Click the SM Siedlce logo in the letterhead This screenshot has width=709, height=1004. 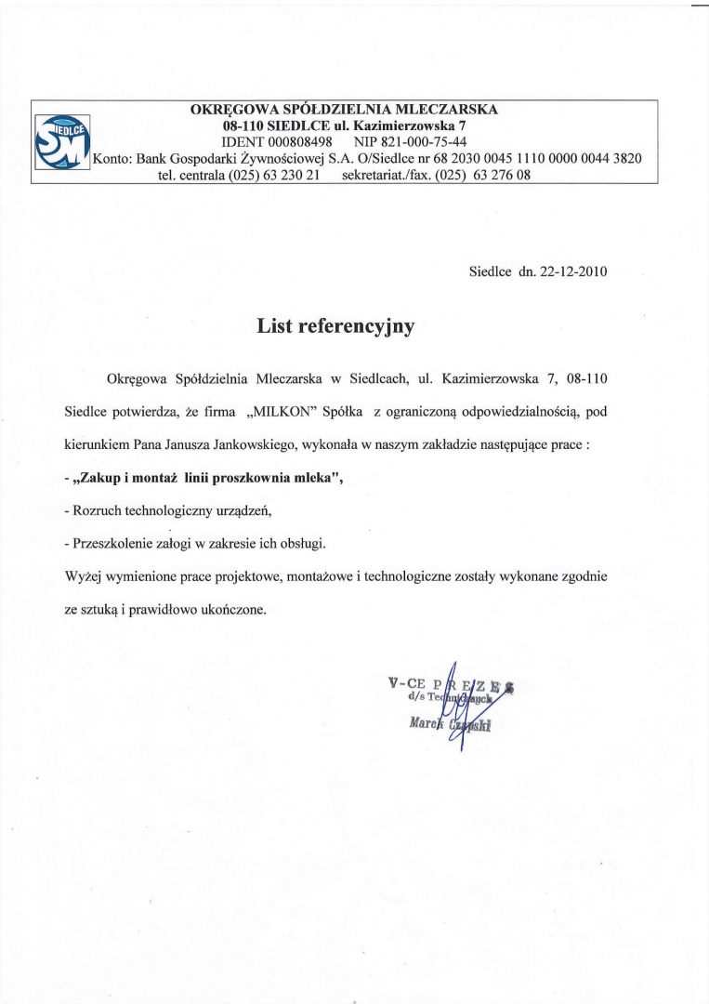(x=61, y=141)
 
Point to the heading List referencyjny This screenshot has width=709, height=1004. (x=335, y=326)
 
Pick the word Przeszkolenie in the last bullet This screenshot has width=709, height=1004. (x=114, y=543)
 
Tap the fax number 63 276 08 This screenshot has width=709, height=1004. (x=502, y=175)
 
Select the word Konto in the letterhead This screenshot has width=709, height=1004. (x=111, y=158)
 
